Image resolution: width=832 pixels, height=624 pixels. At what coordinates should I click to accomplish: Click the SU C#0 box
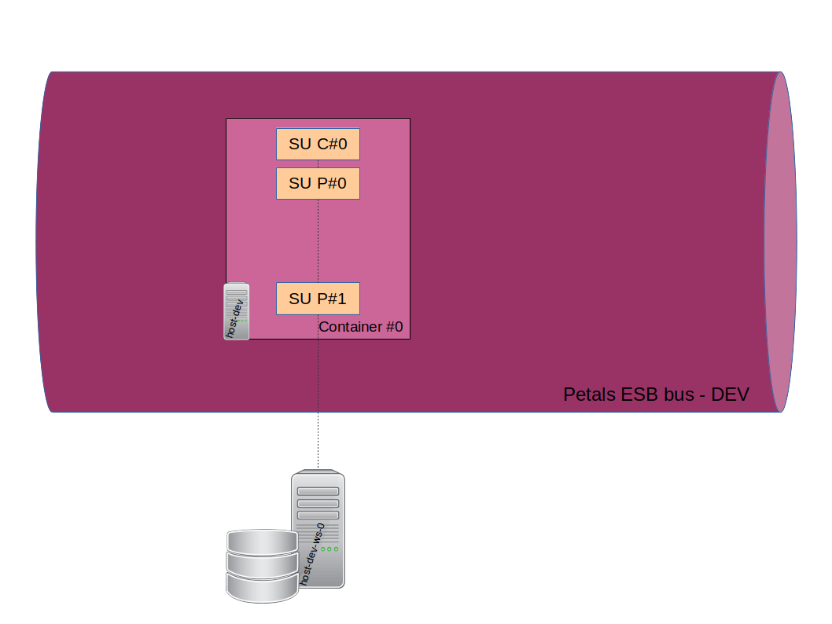(318, 145)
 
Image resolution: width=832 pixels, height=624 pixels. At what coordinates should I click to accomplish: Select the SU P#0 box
(318, 183)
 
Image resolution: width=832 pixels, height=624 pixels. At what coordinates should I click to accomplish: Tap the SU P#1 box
(318, 299)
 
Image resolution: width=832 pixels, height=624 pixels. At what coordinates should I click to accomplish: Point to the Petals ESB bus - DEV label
(656, 395)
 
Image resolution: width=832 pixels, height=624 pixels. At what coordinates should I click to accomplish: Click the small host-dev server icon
(236, 311)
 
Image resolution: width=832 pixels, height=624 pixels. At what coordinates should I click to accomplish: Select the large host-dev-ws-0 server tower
(318, 529)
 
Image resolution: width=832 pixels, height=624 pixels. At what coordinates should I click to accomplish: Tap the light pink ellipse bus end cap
(780, 241)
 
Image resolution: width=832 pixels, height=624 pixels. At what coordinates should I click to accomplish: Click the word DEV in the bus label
(730, 395)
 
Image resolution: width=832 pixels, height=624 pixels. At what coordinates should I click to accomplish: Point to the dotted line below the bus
(318, 440)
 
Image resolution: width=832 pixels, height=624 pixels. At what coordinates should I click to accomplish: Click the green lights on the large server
(329, 549)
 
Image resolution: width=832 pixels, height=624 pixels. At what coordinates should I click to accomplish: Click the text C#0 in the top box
(332, 145)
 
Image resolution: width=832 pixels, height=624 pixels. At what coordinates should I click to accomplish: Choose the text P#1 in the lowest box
(332, 299)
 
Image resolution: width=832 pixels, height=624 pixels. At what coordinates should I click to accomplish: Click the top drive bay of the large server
(318, 492)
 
